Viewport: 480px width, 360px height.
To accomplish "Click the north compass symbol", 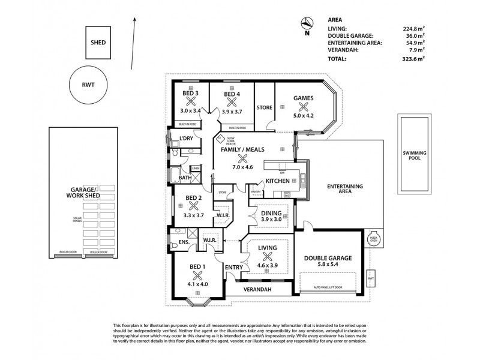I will [x=307, y=24].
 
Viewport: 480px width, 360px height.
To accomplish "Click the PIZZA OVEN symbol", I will [x=373, y=239].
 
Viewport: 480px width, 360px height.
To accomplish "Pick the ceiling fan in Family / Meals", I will [x=243, y=158].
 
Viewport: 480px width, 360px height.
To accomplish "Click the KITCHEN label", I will [x=278, y=181].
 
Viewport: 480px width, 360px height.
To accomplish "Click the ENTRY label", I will [x=233, y=266].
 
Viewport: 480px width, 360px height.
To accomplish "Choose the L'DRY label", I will [x=186, y=139].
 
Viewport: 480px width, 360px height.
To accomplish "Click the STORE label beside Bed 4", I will [x=264, y=108].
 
